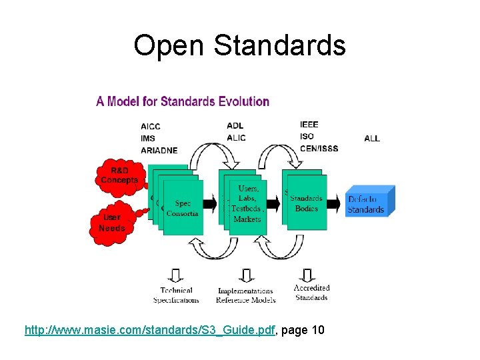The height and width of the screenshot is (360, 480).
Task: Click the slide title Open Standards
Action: [x=239, y=45]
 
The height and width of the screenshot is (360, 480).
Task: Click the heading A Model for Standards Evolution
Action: [x=183, y=101]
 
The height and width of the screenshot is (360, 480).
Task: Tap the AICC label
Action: [x=151, y=126]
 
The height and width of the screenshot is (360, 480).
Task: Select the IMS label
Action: [x=148, y=138]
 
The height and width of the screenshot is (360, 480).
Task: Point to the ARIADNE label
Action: [x=159, y=150]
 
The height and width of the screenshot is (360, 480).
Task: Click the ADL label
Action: [x=235, y=125]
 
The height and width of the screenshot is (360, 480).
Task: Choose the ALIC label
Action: [x=236, y=137]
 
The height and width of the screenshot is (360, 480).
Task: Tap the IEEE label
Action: [x=309, y=125]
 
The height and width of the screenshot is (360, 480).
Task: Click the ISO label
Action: [x=306, y=136]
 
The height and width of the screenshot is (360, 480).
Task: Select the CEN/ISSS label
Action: [x=319, y=148]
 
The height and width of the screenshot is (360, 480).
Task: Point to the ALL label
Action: [x=372, y=139]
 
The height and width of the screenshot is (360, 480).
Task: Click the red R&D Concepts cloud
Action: [x=119, y=175]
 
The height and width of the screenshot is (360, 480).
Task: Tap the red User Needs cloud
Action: [x=111, y=222]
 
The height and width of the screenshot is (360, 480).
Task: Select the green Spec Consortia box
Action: [x=183, y=207]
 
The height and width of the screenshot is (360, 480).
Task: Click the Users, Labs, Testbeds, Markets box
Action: [x=247, y=204]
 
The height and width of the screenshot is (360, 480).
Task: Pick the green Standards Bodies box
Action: [x=307, y=203]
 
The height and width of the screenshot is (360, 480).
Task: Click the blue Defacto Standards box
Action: [x=367, y=204]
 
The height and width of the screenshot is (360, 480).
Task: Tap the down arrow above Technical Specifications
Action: [x=176, y=275]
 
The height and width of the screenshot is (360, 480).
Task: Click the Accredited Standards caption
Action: [x=311, y=293]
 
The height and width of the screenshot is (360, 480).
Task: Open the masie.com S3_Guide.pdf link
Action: [x=150, y=329]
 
